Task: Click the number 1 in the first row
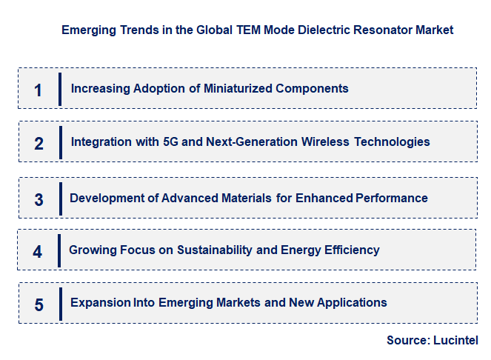coord(38,90)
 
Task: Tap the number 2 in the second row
coord(39,144)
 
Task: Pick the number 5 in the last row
coord(39,304)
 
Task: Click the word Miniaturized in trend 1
coord(238,88)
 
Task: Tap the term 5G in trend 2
coord(170,141)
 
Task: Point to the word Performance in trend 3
coord(392,198)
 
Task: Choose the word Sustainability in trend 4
coord(214,250)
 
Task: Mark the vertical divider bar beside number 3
coord(60,198)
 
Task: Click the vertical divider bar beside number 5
coord(60,304)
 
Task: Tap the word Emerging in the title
coord(90,30)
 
